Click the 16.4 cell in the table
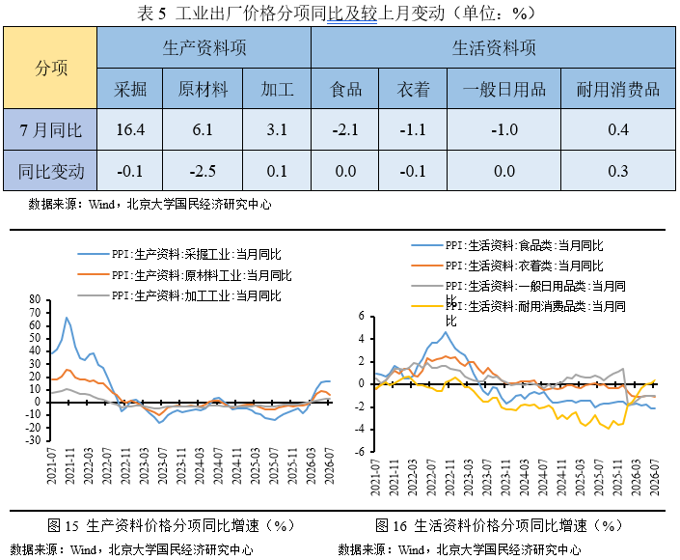pos(130,129)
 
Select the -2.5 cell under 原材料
pos(203,171)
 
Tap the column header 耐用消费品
pos(618,89)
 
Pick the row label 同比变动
pos(51,171)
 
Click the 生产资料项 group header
pos(204,47)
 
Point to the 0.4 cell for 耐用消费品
pos(618,129)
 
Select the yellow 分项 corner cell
pos(50,68)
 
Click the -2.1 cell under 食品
pos(345,129)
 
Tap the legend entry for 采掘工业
pos(179,254)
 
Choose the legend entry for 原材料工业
pos(185,275)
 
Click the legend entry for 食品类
pos(507,245)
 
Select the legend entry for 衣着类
pos(507,266)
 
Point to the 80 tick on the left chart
pos(35,299)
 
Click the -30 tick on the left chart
pos(33,440)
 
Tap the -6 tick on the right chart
pos(361,452)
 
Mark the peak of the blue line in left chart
pos(67,318)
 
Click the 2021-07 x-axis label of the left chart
pos(52,465)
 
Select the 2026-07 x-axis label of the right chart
pos(654,477)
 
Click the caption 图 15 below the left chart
pos(63,525)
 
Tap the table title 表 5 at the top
pos(151,14)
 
